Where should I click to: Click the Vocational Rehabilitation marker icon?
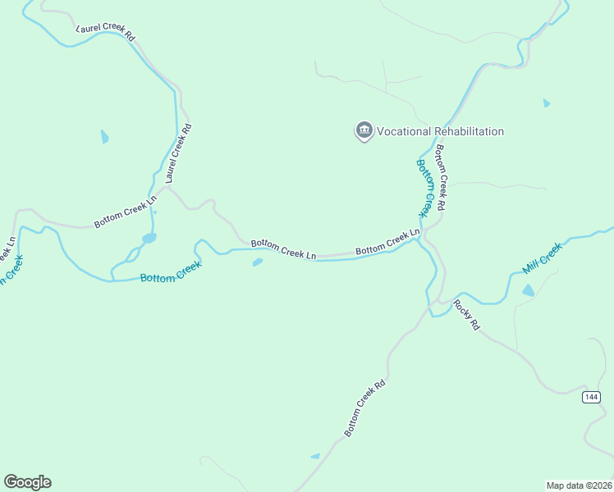[364, 130]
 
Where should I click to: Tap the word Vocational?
[411, 131]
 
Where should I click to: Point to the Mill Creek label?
[543, 258]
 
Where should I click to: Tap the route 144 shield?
[591, 397]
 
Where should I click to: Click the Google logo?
[27, 482]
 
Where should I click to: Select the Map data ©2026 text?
[579, 485]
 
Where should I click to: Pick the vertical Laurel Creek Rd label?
[178, 153]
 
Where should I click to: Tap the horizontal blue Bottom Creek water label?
[171, 273]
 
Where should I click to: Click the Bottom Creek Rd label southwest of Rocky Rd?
[364, 408]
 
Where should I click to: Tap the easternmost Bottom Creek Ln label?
[387, 244]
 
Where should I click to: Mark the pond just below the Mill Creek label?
[528, 290]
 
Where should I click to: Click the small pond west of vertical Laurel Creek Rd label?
[104, 136]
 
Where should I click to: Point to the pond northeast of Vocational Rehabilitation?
[546, 103]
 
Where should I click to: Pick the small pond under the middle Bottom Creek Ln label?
[258, 262]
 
